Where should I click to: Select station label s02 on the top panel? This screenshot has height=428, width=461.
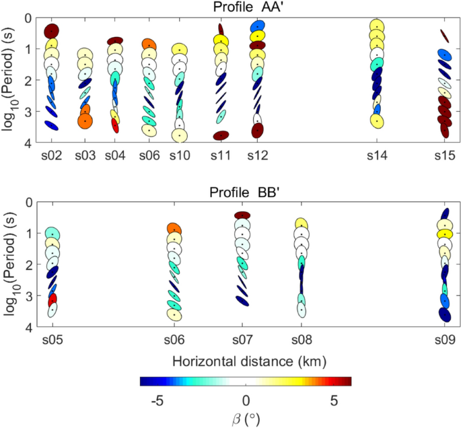point(52,156)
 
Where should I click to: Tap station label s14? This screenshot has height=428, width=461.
point(378,156)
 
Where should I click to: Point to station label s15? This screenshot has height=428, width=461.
point(445,156)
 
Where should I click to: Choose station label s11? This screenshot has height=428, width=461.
point(221,156)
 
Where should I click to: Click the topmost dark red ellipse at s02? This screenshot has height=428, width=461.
point(52,31)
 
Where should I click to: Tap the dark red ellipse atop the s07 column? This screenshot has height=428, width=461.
point(242,215)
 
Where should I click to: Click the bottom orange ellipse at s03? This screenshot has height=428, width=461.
point(85,121)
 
